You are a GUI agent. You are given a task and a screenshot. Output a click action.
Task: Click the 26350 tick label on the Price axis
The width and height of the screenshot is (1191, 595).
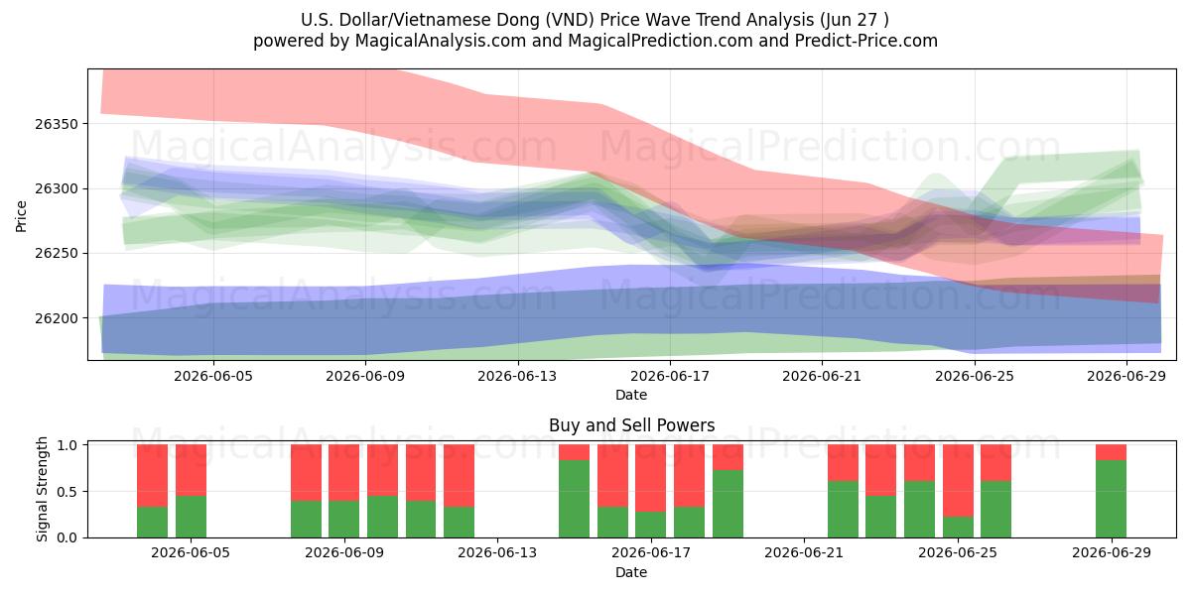pos(57,124)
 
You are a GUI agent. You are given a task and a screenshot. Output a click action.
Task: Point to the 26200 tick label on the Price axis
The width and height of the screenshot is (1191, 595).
pos(57,318)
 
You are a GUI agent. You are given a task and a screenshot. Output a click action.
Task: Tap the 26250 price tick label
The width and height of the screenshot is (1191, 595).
pos(57,254)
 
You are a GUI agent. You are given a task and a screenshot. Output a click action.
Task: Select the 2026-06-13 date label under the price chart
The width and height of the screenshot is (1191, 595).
pos(517,376)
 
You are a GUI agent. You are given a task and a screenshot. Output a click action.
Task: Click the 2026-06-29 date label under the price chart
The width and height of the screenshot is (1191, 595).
pos(1126,376)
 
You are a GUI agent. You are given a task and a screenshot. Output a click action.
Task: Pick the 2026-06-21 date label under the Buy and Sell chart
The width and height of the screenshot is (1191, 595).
pos(804,552)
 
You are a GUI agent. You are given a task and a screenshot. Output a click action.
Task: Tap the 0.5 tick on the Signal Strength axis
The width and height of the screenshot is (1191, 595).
pos(67,492)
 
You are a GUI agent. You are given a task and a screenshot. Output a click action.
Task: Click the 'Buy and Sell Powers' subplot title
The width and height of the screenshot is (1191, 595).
pos(631,425)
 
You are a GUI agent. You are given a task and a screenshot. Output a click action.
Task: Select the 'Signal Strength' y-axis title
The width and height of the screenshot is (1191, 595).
pos(42,489)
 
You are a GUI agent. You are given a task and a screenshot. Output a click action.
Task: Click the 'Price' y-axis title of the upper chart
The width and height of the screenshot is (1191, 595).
pos(21,216)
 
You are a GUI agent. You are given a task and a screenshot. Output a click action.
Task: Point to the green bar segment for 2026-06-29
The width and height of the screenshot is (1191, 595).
pos(1112,499)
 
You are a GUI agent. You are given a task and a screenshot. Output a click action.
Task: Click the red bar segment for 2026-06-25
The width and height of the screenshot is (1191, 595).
pos(958,481)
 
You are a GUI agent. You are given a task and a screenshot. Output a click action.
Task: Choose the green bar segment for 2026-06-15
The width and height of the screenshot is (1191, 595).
pos(575,499)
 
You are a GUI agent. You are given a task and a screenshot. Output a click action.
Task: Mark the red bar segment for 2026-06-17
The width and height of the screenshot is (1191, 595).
pos(651,478)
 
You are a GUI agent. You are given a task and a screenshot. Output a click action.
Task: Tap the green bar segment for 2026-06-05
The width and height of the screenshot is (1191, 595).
pos(191,517)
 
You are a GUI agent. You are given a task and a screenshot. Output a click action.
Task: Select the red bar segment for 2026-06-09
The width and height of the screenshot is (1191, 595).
pos(344,473)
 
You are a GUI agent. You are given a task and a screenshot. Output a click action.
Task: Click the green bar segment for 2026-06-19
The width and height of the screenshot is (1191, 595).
pos(728,504)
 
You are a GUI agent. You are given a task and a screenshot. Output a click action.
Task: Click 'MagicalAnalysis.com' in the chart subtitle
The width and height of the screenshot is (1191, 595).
pos(441,41)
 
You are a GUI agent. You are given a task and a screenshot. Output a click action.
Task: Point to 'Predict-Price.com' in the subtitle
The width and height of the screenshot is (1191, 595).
pos(866,41)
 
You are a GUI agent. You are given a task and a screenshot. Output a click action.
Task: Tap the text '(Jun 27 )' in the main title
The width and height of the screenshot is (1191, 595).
pos(854,20)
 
